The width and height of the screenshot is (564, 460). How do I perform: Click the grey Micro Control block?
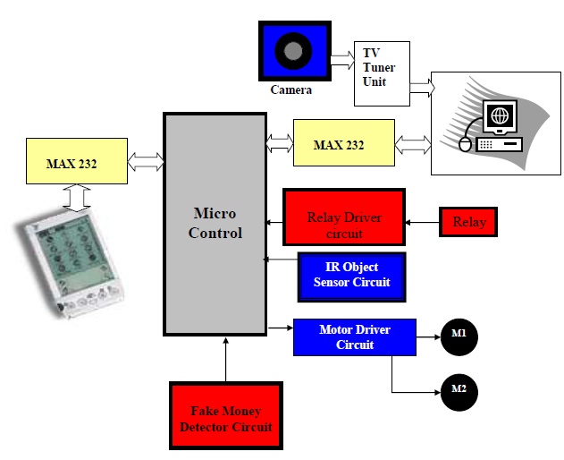click(215, 224)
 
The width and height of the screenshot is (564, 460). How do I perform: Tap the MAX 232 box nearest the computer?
click(343, 143)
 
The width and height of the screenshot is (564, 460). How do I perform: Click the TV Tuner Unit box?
click(382, 68)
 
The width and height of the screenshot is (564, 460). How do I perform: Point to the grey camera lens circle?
click(293, 49)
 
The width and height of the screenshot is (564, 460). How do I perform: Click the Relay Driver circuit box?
click(343, 217)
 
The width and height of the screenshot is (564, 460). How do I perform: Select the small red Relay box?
click(467, 221)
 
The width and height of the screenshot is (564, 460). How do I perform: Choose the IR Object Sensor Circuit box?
click(350, 276)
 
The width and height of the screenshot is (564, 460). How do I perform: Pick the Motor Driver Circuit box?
click(354, 336)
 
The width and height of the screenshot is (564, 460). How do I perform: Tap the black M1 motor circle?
click(459, 336)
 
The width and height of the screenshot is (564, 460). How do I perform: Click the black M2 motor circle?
click(459, 391)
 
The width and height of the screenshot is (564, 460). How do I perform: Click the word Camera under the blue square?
click(292, 89)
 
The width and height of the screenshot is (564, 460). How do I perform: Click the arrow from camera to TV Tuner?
click(340, 59)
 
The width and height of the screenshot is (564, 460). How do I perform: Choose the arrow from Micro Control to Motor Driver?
click(280, 330)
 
